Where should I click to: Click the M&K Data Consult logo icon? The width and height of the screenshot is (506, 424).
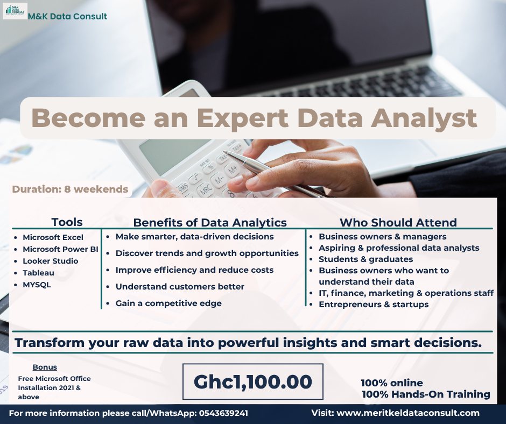[x=15, y=11]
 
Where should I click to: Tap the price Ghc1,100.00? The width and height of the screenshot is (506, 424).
[x=252, y=381]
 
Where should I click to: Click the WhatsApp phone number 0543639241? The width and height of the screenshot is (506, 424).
[x=223, y=413]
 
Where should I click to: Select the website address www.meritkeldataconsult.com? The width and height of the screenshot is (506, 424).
[x=408, y=413]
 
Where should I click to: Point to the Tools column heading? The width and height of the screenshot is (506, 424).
[x=67, y=222]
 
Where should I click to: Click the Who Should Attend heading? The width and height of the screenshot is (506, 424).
[x=398, y=222]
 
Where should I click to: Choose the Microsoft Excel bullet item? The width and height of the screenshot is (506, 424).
[x=53, y=237]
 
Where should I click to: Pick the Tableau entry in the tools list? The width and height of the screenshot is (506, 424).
[x=38, y=273]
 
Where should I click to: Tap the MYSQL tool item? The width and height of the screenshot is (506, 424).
[x=37, y=285]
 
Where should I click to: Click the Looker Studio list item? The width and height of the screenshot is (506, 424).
[x=51, y=261]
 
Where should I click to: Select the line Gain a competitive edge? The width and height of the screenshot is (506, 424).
[x=168, y=303]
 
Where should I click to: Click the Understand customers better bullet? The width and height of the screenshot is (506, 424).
[x=180, y=287]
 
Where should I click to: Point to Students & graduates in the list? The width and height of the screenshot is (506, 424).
[x=366, y=259]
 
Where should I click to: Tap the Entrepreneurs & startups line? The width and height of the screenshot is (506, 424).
[x=374, y=305]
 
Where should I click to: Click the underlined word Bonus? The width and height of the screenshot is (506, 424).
[x=45, y=367]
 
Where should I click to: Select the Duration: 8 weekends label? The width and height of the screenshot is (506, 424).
[x=70, y=189]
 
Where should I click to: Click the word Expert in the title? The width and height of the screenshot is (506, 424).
[x=243, y=118]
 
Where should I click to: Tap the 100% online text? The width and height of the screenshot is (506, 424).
[x=392, y=383]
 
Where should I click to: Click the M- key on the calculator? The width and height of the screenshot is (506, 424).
[x=220, y=180]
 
